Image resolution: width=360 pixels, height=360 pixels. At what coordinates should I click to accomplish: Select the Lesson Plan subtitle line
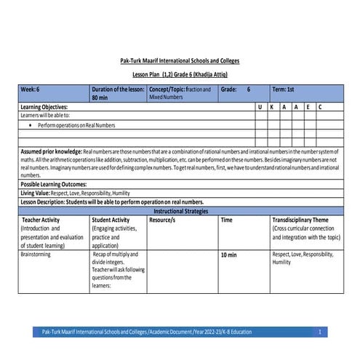179,75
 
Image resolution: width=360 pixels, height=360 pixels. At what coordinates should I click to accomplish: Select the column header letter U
260,107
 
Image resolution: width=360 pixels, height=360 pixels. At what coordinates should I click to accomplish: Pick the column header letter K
271,107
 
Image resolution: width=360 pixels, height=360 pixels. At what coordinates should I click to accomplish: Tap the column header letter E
308,107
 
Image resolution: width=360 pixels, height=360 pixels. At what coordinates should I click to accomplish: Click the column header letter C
320,107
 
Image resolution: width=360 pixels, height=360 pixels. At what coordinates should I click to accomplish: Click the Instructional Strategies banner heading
179,210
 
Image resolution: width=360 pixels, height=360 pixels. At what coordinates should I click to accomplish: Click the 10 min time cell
228,256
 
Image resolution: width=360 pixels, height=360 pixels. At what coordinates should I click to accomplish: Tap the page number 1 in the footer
319,332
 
